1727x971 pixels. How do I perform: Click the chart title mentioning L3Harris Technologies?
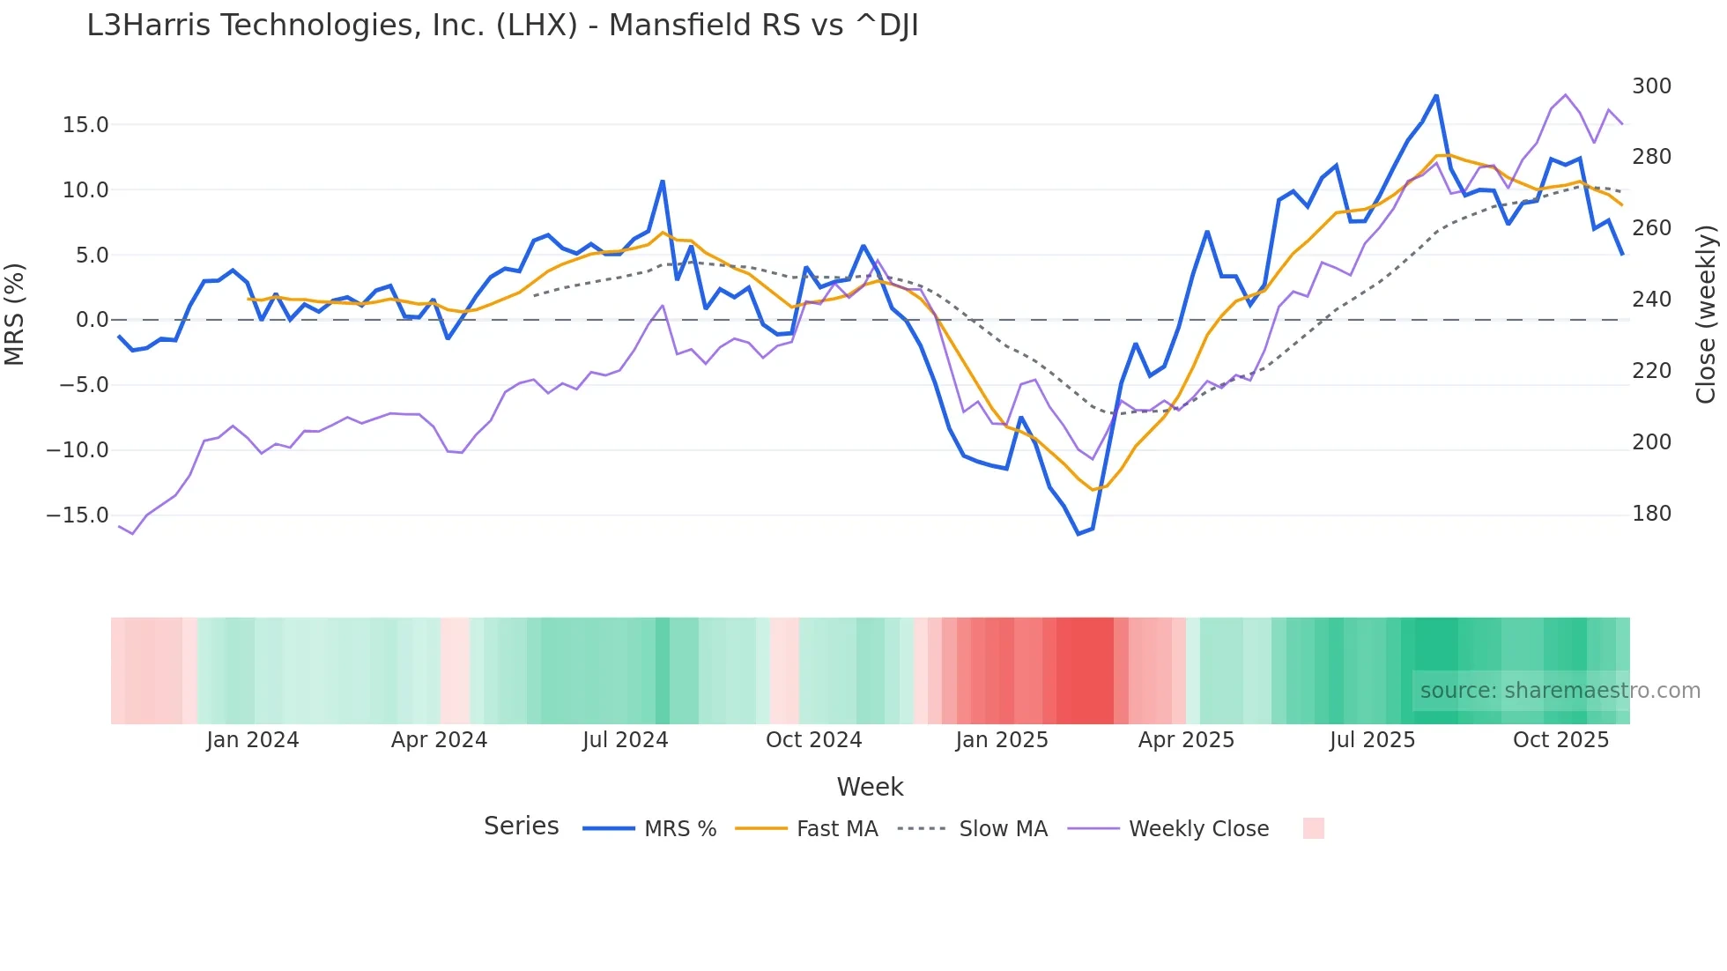pyautogui.click(x=502, y=26)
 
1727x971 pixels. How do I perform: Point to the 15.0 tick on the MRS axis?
pyautogui.click(x=85, y=125)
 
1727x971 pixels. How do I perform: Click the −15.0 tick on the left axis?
pyautogui.click(x=78, y=515)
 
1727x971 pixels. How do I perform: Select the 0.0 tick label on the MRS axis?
pyautogui.click(x=92, y=320)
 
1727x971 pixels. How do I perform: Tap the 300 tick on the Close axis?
pyautogui.click(x=1651, y=86)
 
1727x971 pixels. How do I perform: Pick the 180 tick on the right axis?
pyautogui.click(x=1651, y=514)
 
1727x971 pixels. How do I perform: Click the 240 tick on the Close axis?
pyautogui.click(x=1651, y=300)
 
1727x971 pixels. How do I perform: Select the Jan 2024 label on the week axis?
pyautogui.click(x=253, y=740)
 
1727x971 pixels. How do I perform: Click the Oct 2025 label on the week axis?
pyautogui.click(x=1560, y=740)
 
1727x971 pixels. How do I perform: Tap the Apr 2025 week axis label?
pyautogui.click(x=1186, y=740)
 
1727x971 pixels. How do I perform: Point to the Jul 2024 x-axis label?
pyautogui.click(x=625, y=740)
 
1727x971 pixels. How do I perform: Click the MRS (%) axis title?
pyautogui.click(x=15, y=314)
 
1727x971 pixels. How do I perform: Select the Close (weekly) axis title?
pyautogui.click(x=1707, y=314)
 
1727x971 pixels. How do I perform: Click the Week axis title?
pyautogui.click(x=870, y=787)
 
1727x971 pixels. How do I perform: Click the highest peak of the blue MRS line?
pyautogui.click(x=1436, y=95)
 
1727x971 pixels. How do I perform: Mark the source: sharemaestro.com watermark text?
pyautogui.click(x=1560, y=691)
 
